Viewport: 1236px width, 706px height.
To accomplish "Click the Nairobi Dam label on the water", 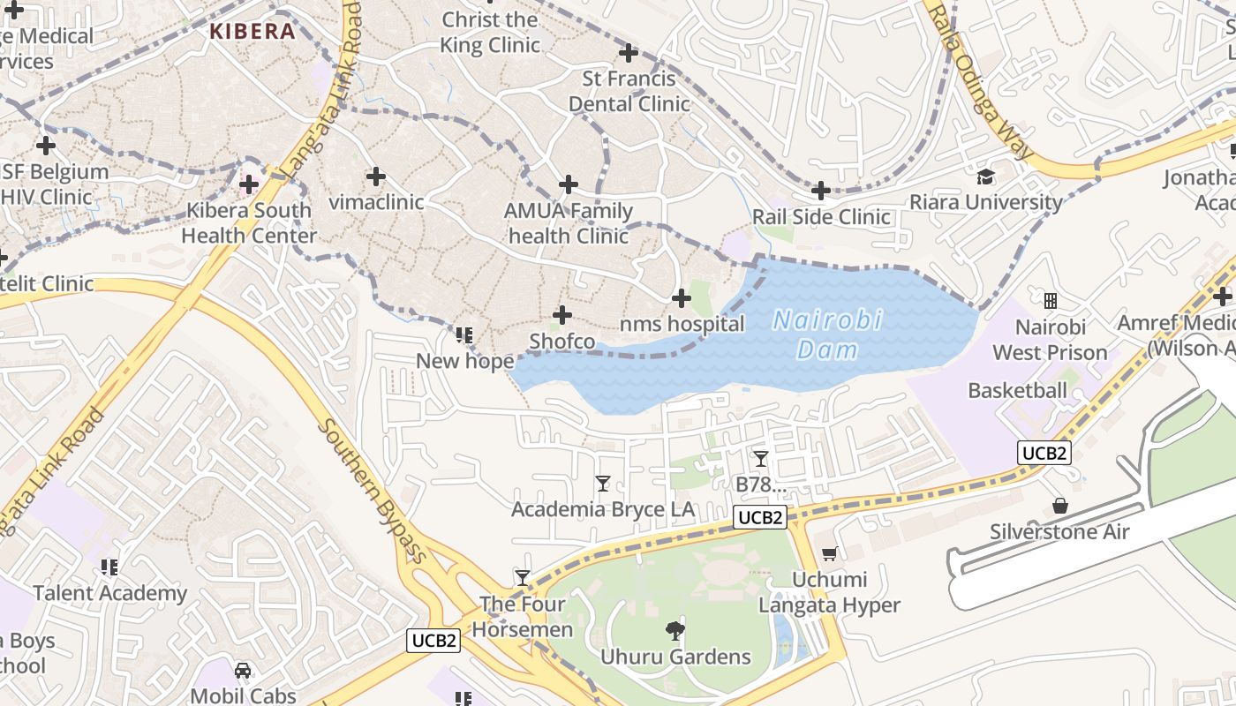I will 827,334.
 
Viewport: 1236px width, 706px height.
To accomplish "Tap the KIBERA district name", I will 252,32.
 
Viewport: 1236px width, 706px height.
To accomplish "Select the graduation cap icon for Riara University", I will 985,177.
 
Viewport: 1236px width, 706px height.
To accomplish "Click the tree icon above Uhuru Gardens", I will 675,630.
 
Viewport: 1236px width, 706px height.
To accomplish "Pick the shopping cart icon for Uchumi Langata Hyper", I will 829,554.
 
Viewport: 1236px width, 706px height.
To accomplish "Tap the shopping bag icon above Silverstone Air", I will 1059,507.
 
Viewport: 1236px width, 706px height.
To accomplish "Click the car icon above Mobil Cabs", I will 243,670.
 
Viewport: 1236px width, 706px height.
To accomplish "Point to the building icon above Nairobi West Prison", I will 1050,302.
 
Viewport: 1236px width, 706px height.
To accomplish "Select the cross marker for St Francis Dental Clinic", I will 628,53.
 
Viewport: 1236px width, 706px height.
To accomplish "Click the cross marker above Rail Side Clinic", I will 820,190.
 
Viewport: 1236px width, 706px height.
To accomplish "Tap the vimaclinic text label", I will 376,202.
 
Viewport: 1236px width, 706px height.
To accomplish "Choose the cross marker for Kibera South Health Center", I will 249,184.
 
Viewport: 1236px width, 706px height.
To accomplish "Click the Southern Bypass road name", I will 372,490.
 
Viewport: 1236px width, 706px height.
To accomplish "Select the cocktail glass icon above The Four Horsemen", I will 523,578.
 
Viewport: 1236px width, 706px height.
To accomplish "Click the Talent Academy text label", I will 110,592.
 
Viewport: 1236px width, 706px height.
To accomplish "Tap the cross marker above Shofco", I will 561,315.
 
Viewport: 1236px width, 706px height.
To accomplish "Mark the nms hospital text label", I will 682,324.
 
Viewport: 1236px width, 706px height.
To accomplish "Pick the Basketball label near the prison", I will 1017,390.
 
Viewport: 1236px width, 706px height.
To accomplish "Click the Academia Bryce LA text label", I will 603,509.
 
